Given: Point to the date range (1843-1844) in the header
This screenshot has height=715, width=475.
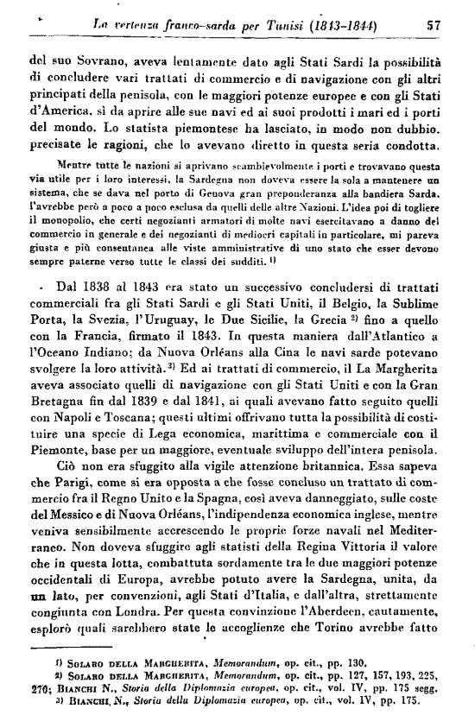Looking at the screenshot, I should point(354,26).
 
